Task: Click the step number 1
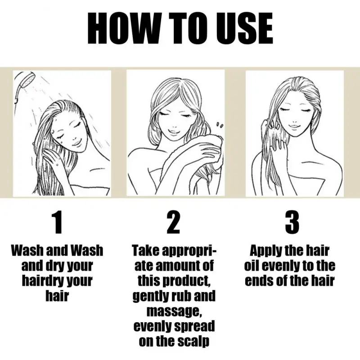coord(58,222)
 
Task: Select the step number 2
coord(173,222)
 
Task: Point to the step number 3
coord(292,222)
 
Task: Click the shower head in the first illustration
coord(24,85)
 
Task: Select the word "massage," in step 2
coord(174,311)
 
